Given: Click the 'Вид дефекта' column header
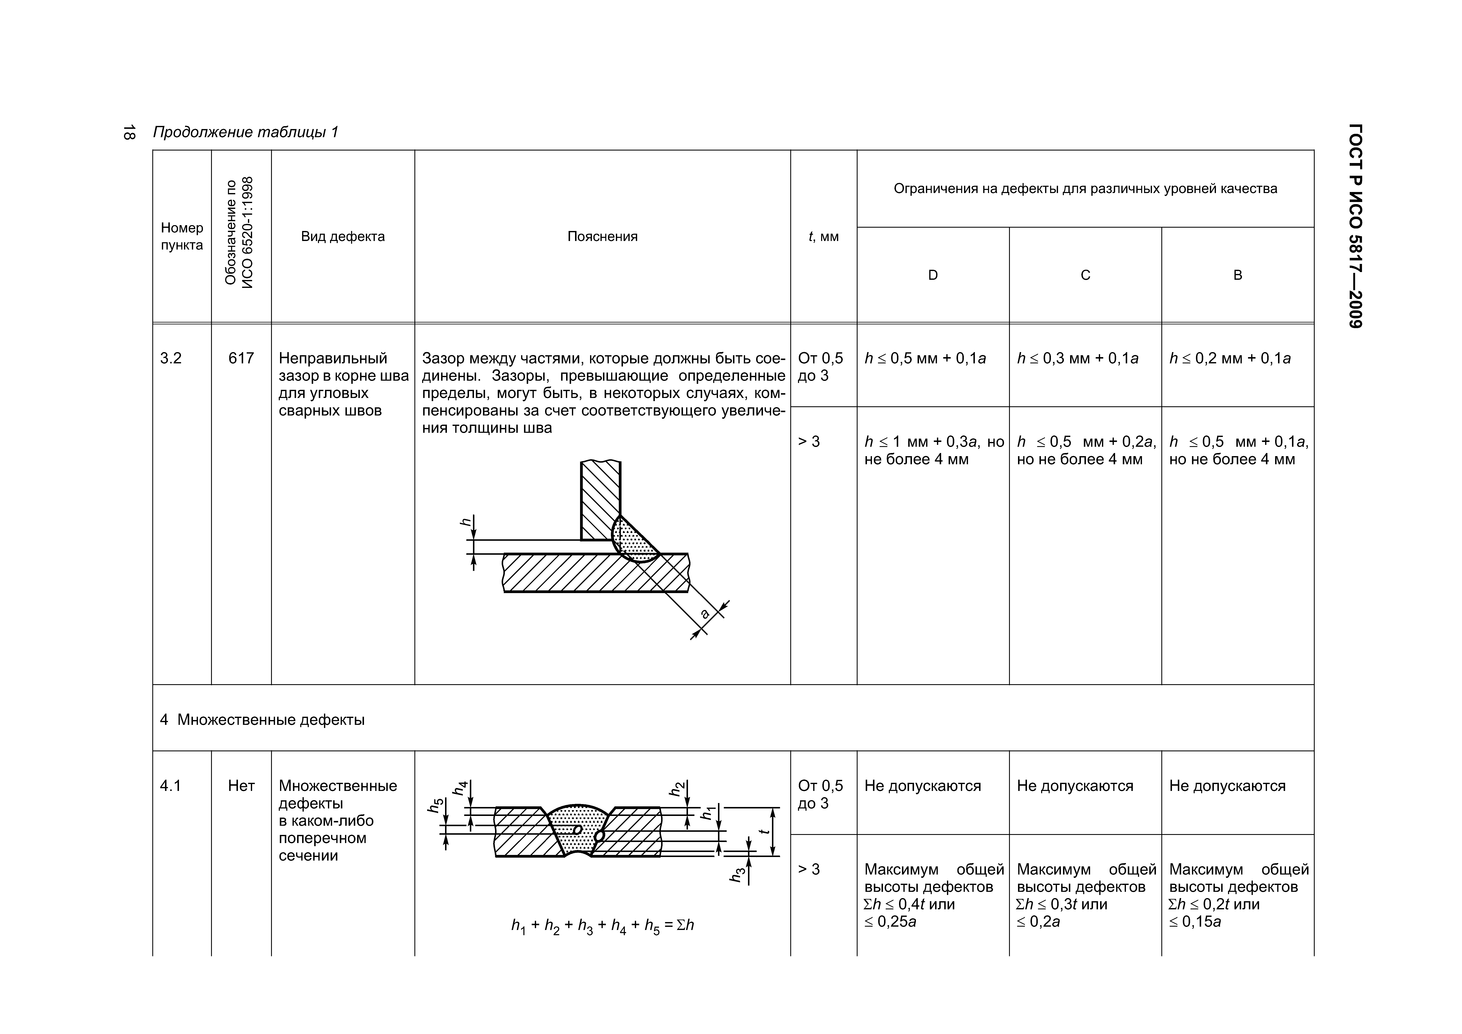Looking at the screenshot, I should click(x=343, y=236).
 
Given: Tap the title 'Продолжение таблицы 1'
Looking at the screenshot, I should click(x=246, y=133).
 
